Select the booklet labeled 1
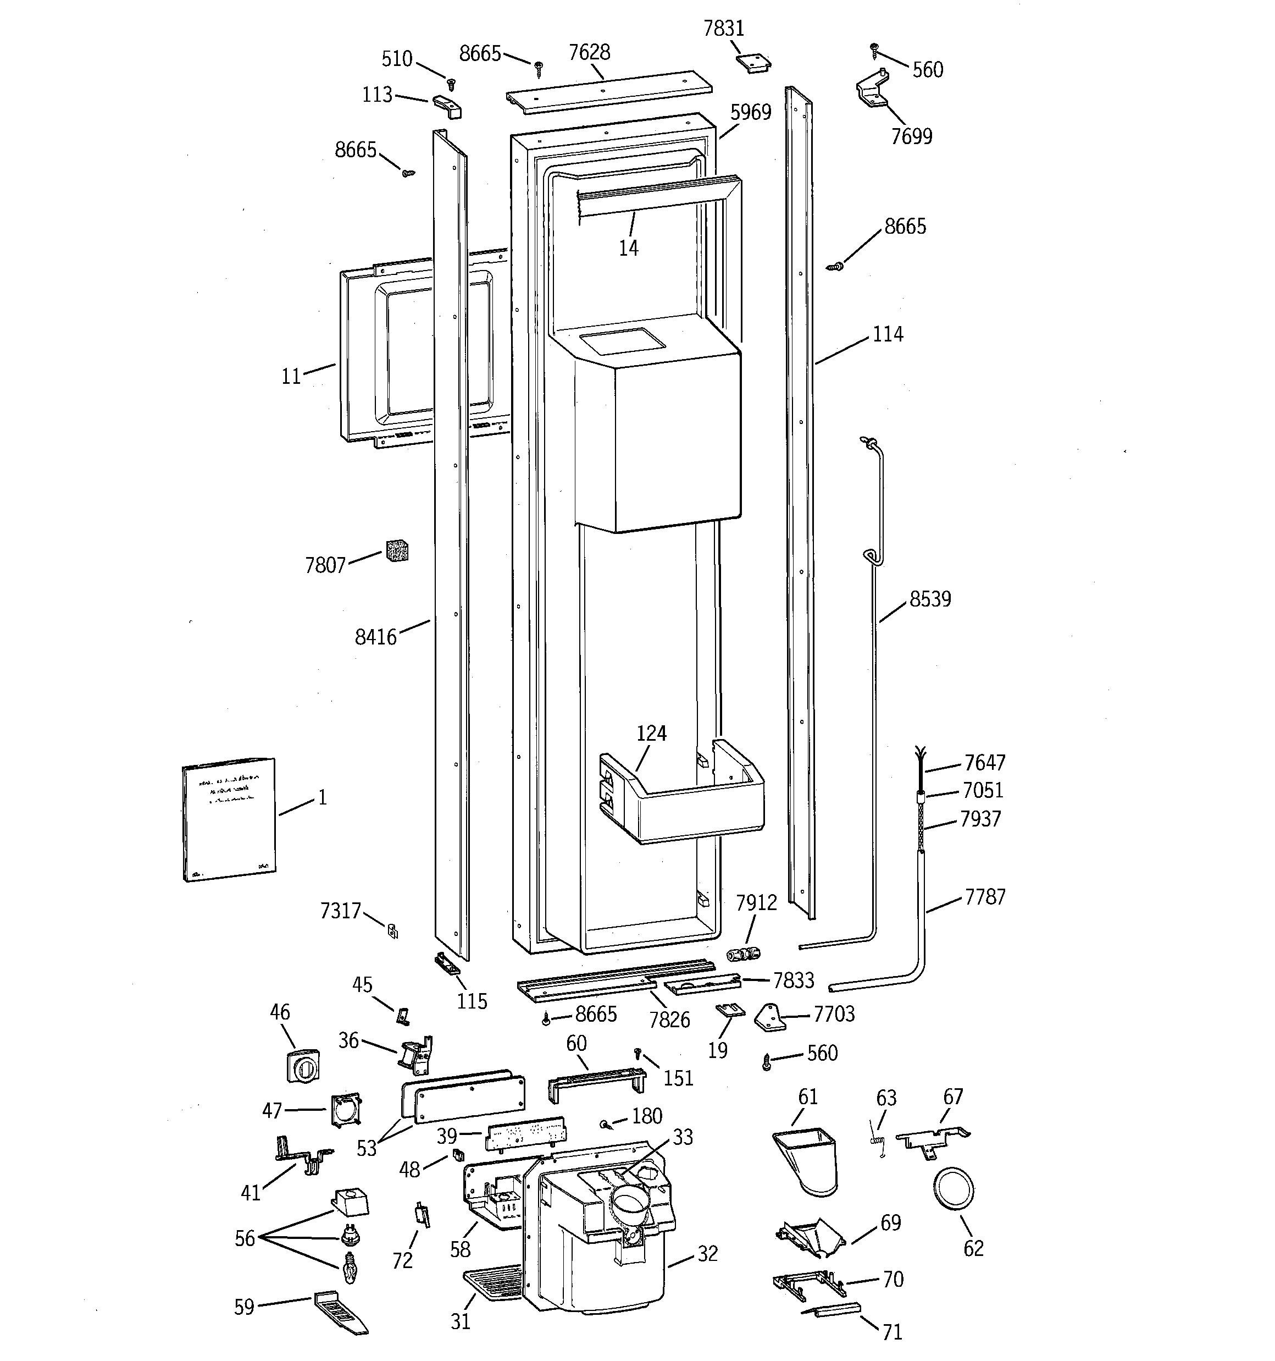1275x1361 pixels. pos(229,819)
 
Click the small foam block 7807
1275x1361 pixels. pos(397,550)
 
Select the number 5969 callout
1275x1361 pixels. pos(751,112)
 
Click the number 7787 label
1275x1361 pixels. pos(985,897)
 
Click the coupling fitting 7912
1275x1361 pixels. pos(743,954)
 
